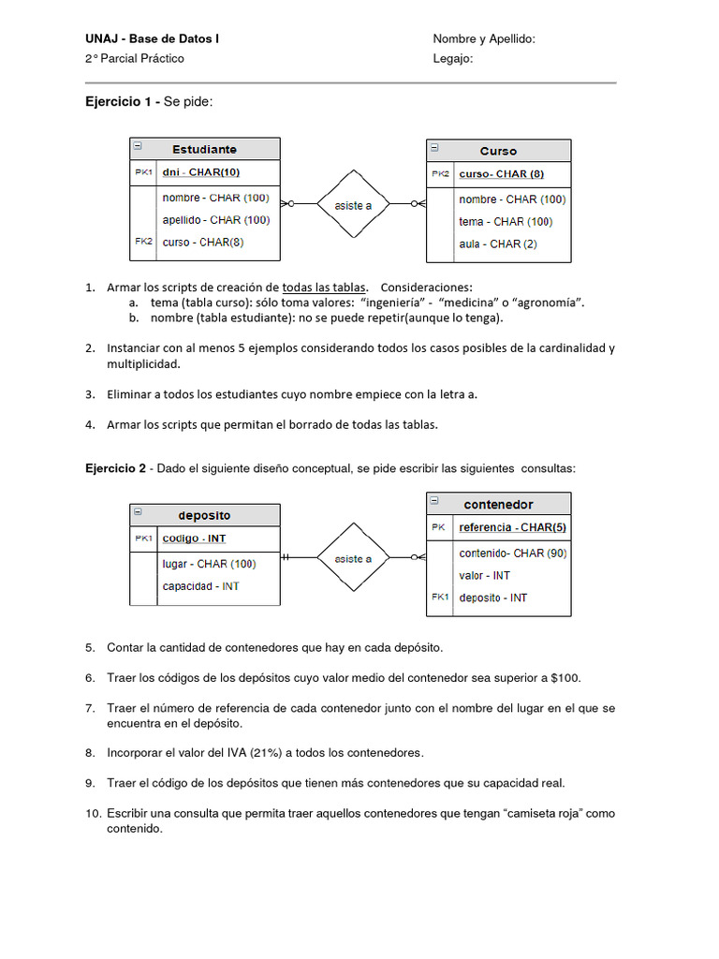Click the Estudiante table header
click(204, 149)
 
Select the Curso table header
click(498, 151)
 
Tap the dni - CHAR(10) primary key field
click(200, 172)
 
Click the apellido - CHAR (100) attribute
click(215, 220)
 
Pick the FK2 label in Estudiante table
click(143, 242)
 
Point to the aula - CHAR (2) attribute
click(497, 243)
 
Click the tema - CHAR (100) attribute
click(505, 222)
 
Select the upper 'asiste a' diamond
click(353, 205)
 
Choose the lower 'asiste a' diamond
click(353, 559)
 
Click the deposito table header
click(204, 515)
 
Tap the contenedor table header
click(498, 504)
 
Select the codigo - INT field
click(194, 539)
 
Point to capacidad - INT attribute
click(200, 586)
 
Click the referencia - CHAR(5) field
click(512, 527)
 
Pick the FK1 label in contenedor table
click(440, 597)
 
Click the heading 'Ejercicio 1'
click(118, 101)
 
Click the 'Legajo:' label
click(453, 58)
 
